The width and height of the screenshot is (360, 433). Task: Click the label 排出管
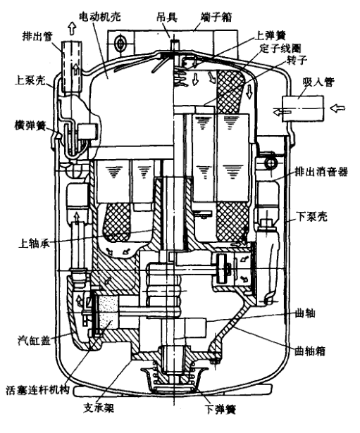[37, 36]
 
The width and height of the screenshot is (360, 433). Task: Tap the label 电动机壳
[100, 18]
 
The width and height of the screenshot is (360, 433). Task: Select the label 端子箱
[216, 17]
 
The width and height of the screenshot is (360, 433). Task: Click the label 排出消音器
[321, 172]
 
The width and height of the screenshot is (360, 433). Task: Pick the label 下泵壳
[311, 217]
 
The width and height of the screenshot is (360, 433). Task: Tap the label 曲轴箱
[310, 351]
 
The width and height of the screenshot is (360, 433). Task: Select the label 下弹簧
[221, 409]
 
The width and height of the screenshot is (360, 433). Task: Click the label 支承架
[99, 408]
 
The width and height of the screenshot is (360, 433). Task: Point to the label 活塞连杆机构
[37, 390]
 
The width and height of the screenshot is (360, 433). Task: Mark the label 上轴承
[34, 243]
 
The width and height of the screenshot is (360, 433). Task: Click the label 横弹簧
[30, 125]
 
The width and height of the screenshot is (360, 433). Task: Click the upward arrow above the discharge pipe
[72, 28]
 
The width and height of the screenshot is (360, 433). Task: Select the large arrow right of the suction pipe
[337, 108]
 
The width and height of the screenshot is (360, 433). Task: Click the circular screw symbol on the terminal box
[120, 43]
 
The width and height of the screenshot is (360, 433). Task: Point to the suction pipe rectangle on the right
[302, 108]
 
